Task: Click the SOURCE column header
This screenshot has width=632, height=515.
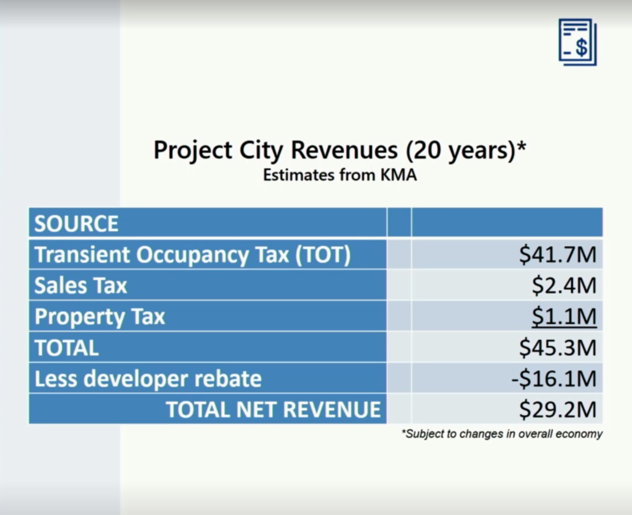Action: pos(76,224)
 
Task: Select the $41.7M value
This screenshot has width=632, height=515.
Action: pos(558,255)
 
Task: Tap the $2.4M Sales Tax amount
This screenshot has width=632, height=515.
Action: pos(564,286)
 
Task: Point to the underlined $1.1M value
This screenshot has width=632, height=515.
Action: pos(564,317)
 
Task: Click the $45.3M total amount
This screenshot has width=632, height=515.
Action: pos(558,347)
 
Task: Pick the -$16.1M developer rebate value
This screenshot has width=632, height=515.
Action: pos(554,379)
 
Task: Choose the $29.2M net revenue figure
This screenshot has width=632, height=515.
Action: pos(558,410)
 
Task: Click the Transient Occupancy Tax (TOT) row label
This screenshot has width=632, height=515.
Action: pos(193,255)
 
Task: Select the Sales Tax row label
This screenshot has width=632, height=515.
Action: pos(81,285)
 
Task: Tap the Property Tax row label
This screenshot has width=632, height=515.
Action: pos(99,317)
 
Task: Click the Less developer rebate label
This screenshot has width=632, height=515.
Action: pos(148,379)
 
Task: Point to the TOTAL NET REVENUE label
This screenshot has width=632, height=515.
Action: pos(273,410)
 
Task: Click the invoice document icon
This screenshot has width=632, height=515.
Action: pos(578,42)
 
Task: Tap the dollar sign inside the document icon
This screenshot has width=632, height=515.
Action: pos(581,48)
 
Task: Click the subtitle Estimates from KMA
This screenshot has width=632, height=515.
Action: pos(340,175)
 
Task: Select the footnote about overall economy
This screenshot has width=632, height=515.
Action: pos(502,434)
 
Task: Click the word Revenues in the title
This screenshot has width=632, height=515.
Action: pos(344,150)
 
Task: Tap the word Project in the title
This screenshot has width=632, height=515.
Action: pos(193,151)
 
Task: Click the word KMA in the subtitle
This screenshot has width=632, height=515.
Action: pos(398,175)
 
